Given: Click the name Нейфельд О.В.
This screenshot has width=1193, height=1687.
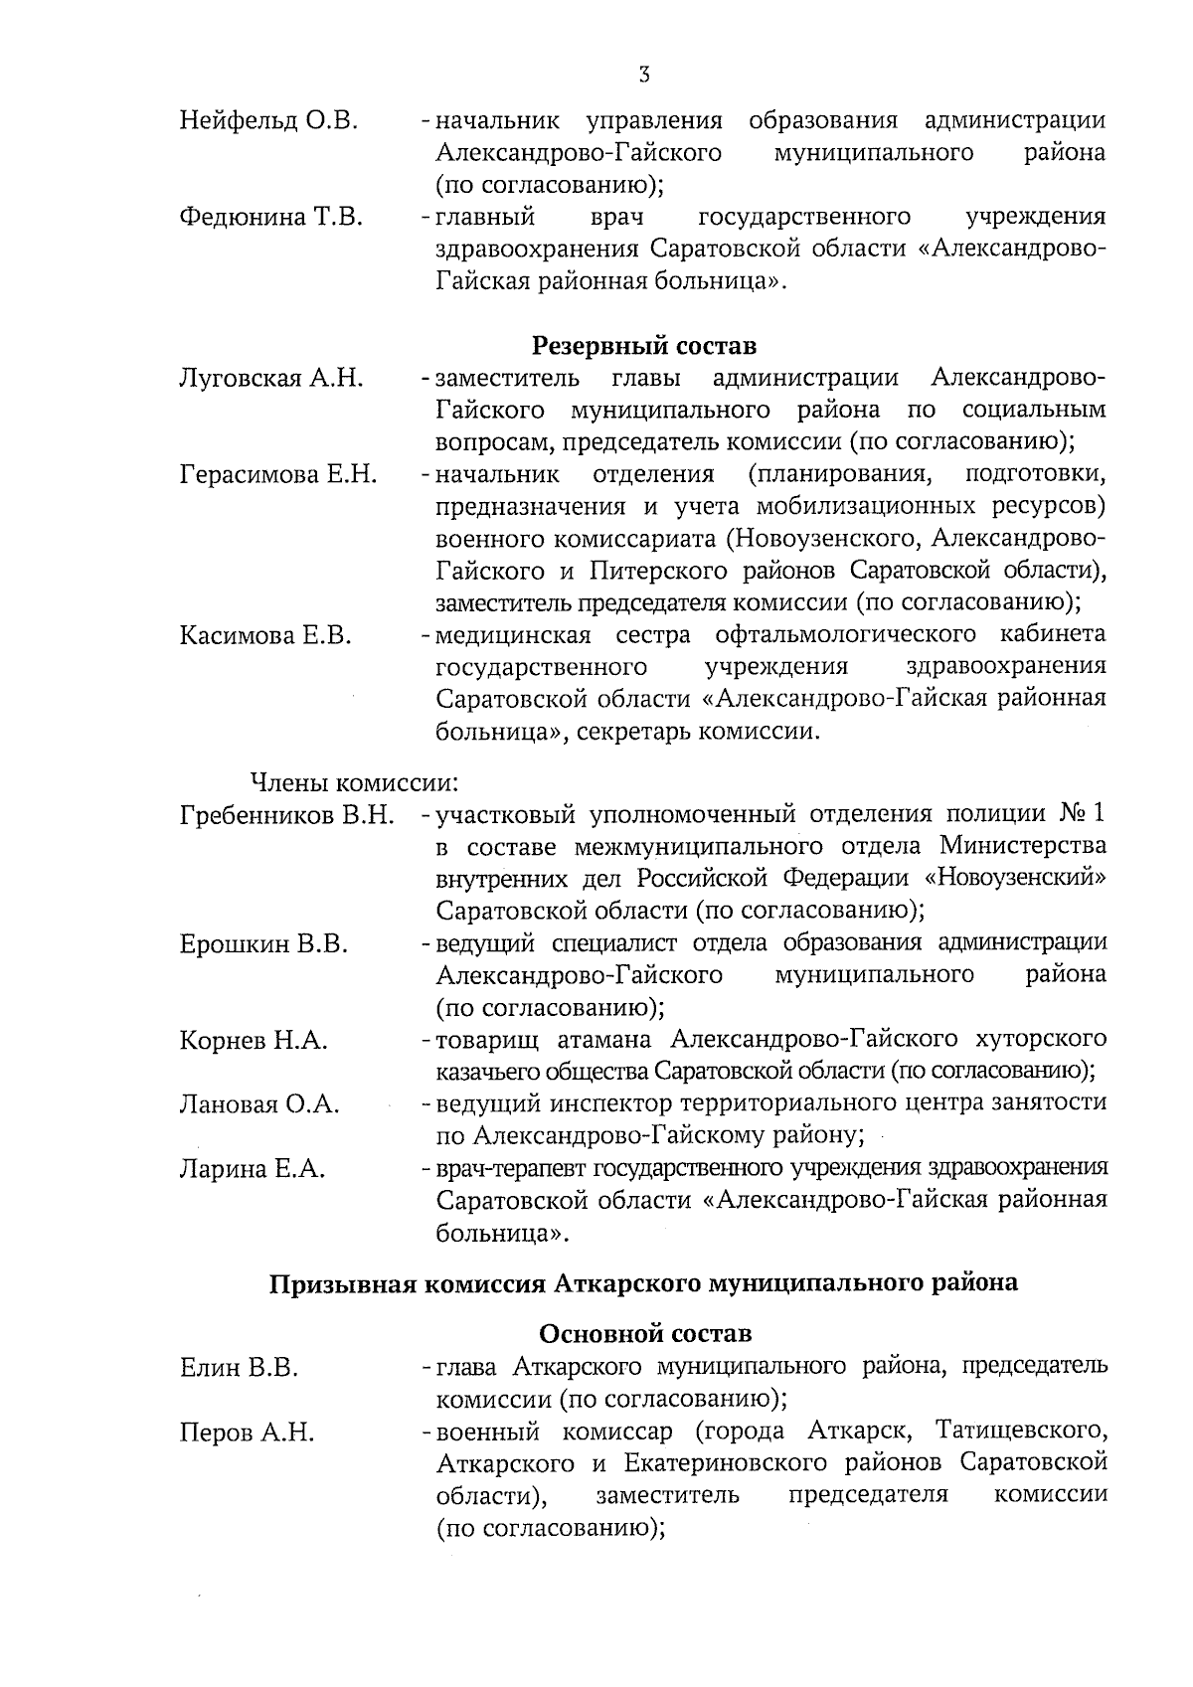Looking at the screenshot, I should click(268, 121).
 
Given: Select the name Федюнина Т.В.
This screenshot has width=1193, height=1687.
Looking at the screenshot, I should click(270, 218).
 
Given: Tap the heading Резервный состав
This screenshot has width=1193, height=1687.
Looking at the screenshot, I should click(644, 346).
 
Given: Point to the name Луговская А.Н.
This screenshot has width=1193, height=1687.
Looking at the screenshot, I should click(271, 379).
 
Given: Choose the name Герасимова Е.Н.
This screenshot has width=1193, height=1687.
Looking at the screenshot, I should click(278, 474).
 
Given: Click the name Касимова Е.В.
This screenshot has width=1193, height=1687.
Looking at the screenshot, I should click(265, 635).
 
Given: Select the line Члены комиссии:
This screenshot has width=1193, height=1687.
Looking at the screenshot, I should click(352, 783).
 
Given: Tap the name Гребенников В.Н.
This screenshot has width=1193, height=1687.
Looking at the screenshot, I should click(287, 816).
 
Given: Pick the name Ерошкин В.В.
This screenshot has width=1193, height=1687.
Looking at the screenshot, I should click(263, 943).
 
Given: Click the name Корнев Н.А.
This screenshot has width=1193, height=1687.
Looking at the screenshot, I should click(254, 1041).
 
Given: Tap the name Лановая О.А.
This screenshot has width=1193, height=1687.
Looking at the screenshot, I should click(259, 1104).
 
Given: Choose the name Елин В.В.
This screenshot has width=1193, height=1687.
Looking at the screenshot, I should click(239, 1369).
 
